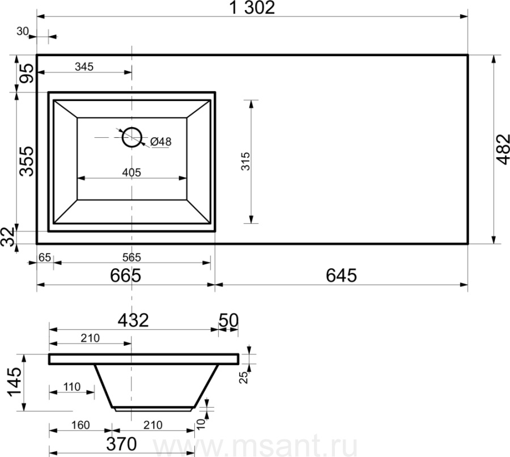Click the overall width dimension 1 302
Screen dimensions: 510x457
pos(252,8)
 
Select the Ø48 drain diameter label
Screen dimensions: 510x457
pos(161,142)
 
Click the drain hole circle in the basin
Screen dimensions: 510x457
pos(132,137)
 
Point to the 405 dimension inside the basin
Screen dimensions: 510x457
pos(131,172)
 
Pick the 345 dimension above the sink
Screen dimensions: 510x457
pos(84,66)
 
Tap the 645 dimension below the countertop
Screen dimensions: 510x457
pos(341,275)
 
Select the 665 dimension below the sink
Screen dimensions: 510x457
pos(126,275)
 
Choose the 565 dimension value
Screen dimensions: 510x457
pos(131,257)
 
